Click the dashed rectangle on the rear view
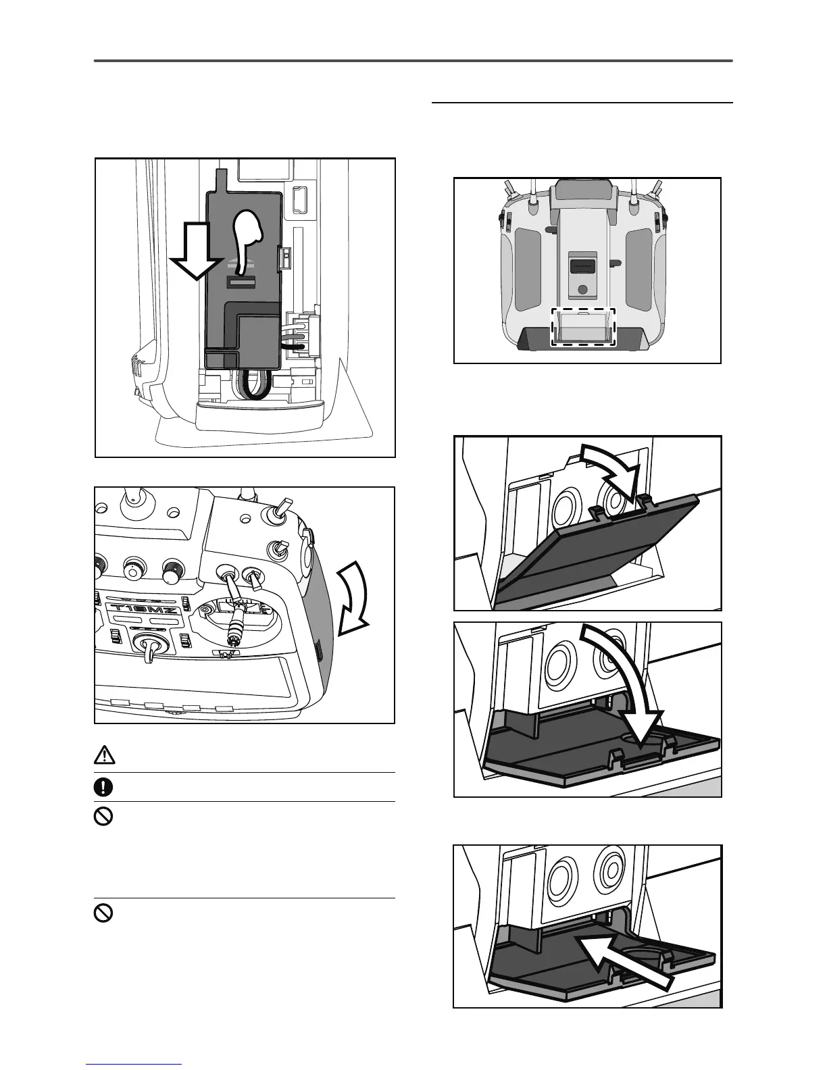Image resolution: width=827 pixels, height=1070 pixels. pyautogui.click(x=584, y=328)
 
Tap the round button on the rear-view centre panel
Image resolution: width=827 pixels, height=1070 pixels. pyautogui.click(x=584, y=290)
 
